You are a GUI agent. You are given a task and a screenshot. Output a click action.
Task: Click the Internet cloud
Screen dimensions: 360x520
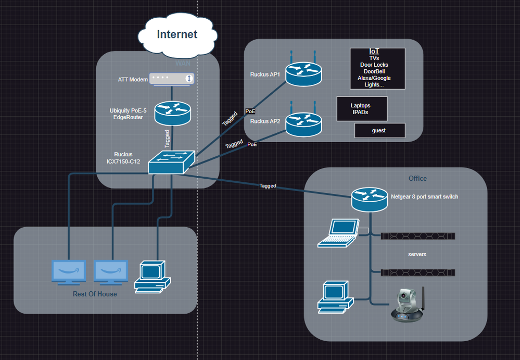(x=177, y=35)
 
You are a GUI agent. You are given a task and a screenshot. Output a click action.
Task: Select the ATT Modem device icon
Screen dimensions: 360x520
(x=172, y=79)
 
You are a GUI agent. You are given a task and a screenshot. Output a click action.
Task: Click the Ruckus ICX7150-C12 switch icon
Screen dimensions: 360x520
(x=171, y=162)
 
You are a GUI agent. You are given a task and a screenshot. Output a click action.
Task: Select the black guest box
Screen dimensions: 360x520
(x=379, y=130)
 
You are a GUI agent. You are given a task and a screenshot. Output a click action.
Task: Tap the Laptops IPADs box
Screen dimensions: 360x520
(x=362, y=109)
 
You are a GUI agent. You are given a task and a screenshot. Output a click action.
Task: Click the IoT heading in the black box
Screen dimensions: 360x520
(x=374, y=52)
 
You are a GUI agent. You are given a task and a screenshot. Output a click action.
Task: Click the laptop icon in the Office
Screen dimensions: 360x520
(x=338, y=232)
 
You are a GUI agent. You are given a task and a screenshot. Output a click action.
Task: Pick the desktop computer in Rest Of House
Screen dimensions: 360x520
(x=152, y=276)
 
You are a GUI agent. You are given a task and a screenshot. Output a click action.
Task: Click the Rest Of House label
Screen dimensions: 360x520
(x=95, y=294)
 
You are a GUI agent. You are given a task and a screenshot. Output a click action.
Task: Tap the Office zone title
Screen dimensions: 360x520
(x=417, y=178)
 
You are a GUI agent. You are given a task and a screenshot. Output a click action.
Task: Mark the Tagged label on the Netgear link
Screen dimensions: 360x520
(x=268, y=186)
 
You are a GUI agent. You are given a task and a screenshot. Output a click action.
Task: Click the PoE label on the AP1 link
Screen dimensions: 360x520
(x=250, y=111)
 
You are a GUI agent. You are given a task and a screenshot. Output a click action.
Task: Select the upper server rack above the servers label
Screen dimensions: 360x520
(x=418, y=236)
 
